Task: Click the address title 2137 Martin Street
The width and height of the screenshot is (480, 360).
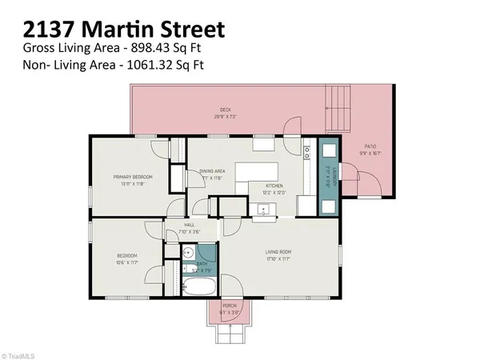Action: point(124,30)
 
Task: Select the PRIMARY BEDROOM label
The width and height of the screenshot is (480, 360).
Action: point(132,177)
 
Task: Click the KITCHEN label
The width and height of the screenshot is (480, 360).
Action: point(274,186)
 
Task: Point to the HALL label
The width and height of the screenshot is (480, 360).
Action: point(190,225)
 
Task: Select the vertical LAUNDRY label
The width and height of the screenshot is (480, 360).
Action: point(328,176)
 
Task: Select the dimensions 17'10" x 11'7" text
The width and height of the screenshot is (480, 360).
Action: point(280,259)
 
